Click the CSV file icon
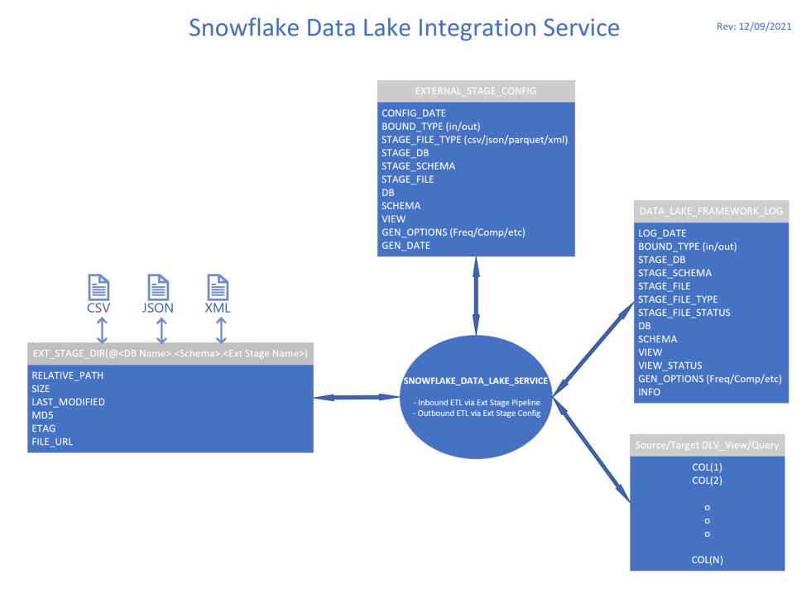99,288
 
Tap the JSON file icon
160,288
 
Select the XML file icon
218,288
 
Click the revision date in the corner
754,26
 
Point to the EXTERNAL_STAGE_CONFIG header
476,91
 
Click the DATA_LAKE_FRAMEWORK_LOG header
711,211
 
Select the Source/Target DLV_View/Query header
707,446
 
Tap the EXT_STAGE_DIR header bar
170,354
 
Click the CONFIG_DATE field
414,113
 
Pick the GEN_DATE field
405,246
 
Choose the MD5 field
43,415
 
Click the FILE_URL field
52,442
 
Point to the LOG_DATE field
662,233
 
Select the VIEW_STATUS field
670,366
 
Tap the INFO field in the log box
650,392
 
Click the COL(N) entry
707,560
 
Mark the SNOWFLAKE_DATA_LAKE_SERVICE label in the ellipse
476,381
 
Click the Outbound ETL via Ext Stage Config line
477,413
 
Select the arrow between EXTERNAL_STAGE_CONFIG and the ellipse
476,295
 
